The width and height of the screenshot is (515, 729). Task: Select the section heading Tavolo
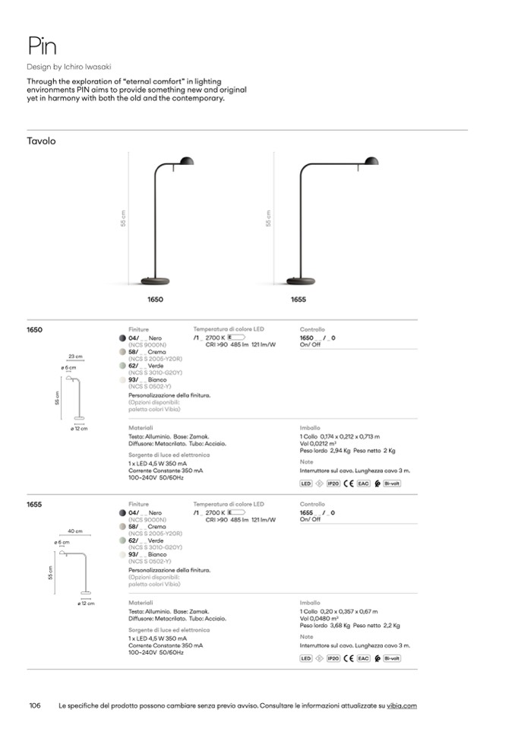pyautogui.click(x=41, y=141)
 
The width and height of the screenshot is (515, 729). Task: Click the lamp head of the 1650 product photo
pyautogui.click(x=185, y=162)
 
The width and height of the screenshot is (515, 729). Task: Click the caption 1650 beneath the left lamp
pyautogui.click(x=155, y=300)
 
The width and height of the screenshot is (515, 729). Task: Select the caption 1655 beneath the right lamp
pyautogui.click(x=299, y=300)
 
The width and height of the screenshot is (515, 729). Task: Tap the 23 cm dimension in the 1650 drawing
pyautogui.click(x=75, y=356)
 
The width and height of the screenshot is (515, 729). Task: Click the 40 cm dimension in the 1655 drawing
pyautogui.click(x=75, y=531)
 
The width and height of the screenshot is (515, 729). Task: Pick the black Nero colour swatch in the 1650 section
pyautogui.click(x=122, y=338)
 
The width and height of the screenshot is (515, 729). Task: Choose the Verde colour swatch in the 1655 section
pyautogui.click(x=122, y=540)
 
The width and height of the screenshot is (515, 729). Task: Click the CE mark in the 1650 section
pyautogui.click(x=348, y=483)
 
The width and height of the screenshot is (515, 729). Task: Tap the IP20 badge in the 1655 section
pyautogui.click(x=333, y=658)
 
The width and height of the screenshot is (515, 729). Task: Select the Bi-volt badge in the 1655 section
pyautogui.click(x=392, y=658)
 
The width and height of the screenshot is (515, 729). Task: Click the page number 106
pyautogui.click(x=34, y=706)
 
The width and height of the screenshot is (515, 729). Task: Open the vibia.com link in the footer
pyautogui.click(x=402, y=706)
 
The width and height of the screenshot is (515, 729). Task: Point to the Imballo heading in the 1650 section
pyautogui.click(x=310, y=428)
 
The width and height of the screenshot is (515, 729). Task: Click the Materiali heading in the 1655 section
pyautogui.click(x=141, y=603)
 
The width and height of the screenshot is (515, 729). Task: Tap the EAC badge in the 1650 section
pyautogui.click(x=363, y=483)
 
